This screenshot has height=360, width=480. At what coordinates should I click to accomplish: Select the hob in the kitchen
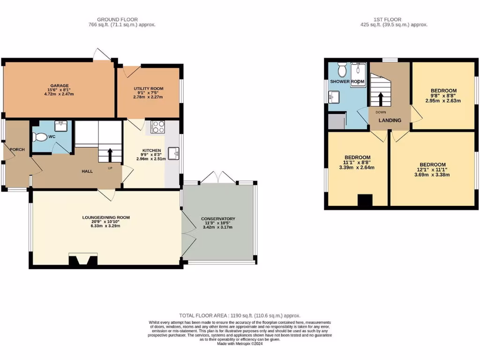point(158,127)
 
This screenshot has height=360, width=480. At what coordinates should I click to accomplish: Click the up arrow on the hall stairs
point(110,154)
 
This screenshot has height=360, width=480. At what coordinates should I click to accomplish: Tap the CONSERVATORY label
point(218,219)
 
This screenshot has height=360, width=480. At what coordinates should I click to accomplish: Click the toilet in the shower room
point(342,70)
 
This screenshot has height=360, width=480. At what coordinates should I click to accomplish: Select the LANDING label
point(390,120)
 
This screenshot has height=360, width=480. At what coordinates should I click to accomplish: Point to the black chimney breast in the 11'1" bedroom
point(365,200)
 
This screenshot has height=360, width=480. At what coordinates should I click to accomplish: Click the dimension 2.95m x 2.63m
point(443,101)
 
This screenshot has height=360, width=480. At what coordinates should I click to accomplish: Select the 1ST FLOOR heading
point(387,19)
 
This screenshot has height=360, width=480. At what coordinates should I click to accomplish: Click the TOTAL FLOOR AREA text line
point(240,316)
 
